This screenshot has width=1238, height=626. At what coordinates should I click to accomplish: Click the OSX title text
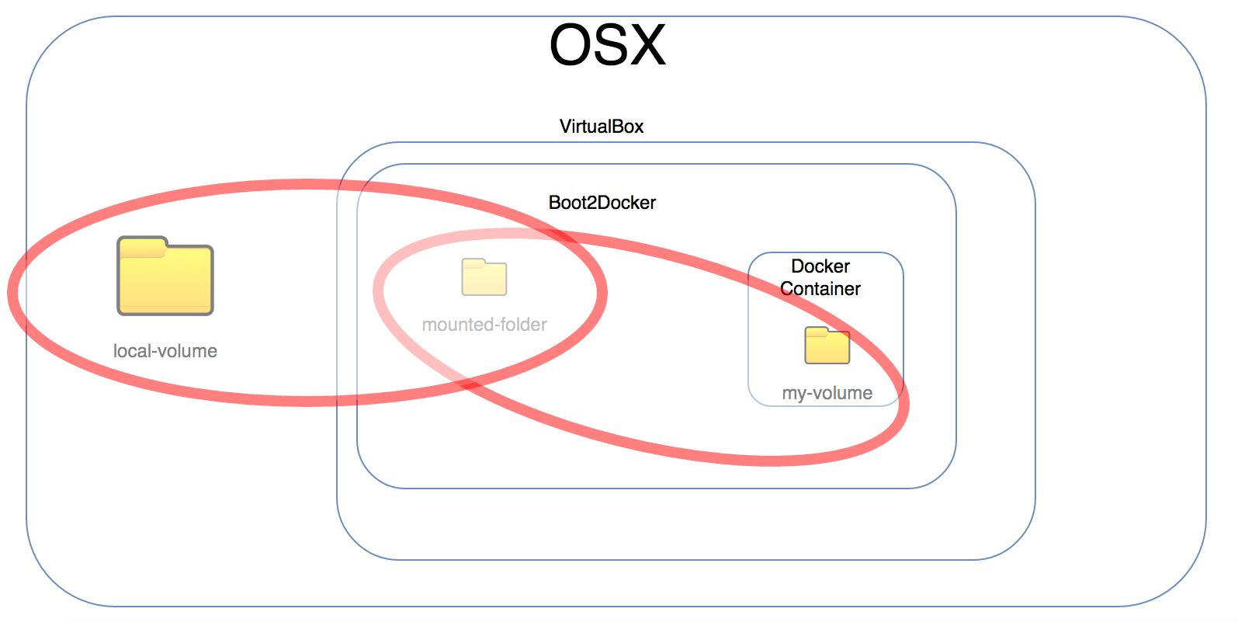607,45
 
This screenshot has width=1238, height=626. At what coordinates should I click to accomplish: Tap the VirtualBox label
602,127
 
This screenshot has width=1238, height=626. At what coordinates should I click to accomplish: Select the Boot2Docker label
602,203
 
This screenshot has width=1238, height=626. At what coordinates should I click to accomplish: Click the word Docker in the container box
820,266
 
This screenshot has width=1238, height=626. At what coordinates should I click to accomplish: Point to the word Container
820,289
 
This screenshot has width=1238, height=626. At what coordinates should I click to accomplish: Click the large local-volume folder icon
165,280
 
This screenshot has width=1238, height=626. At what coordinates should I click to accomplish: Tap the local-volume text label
165,351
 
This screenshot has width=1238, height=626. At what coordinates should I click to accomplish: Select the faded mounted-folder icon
484,278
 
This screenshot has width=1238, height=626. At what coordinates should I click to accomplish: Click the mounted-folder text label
484,325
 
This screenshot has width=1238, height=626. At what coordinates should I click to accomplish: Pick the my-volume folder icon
827,347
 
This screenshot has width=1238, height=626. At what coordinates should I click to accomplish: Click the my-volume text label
827,393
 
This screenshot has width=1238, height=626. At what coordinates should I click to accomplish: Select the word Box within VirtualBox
627,127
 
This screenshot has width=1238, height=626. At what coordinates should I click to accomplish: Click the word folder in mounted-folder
521,325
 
